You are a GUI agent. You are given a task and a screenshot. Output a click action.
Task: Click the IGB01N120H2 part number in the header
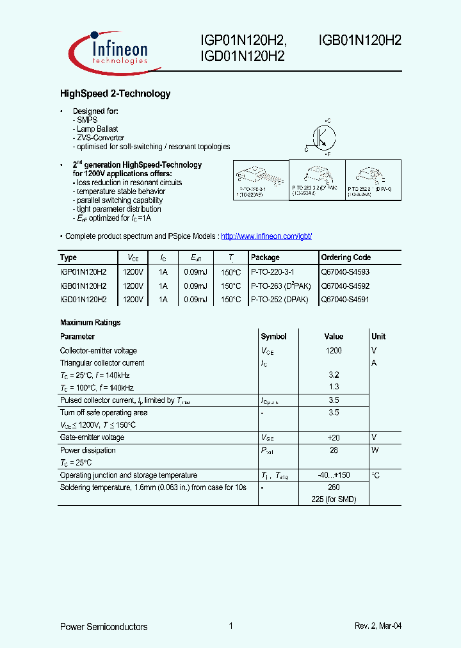[360, 40]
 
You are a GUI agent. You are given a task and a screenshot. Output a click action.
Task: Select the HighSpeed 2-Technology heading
[115, 94]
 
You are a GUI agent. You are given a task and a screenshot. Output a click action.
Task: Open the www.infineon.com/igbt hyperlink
[266, 236]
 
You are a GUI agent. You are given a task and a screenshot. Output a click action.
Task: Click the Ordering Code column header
[346, 257]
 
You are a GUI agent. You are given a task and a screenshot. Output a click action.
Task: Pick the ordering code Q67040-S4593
[345, 272]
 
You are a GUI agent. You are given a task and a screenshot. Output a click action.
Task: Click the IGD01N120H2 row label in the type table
[83, 300]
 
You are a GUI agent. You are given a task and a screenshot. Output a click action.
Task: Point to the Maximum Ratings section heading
[90, 323]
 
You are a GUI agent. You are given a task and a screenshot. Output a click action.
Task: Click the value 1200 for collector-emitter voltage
[334, 351]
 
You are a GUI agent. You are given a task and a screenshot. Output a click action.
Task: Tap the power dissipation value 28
[334, 451]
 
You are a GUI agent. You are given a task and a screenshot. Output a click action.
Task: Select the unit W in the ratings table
[375, 451]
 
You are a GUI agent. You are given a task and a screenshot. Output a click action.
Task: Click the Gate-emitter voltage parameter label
[92, 438]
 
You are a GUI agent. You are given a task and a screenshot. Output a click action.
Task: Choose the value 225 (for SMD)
[334, 499]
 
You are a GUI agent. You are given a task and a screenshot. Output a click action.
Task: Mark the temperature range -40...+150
[334, 476]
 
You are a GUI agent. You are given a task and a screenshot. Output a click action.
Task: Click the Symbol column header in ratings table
[274, 337]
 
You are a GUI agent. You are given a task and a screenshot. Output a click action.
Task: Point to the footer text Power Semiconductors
[104, 627]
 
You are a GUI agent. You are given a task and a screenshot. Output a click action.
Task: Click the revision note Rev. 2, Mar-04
[378, 627]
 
